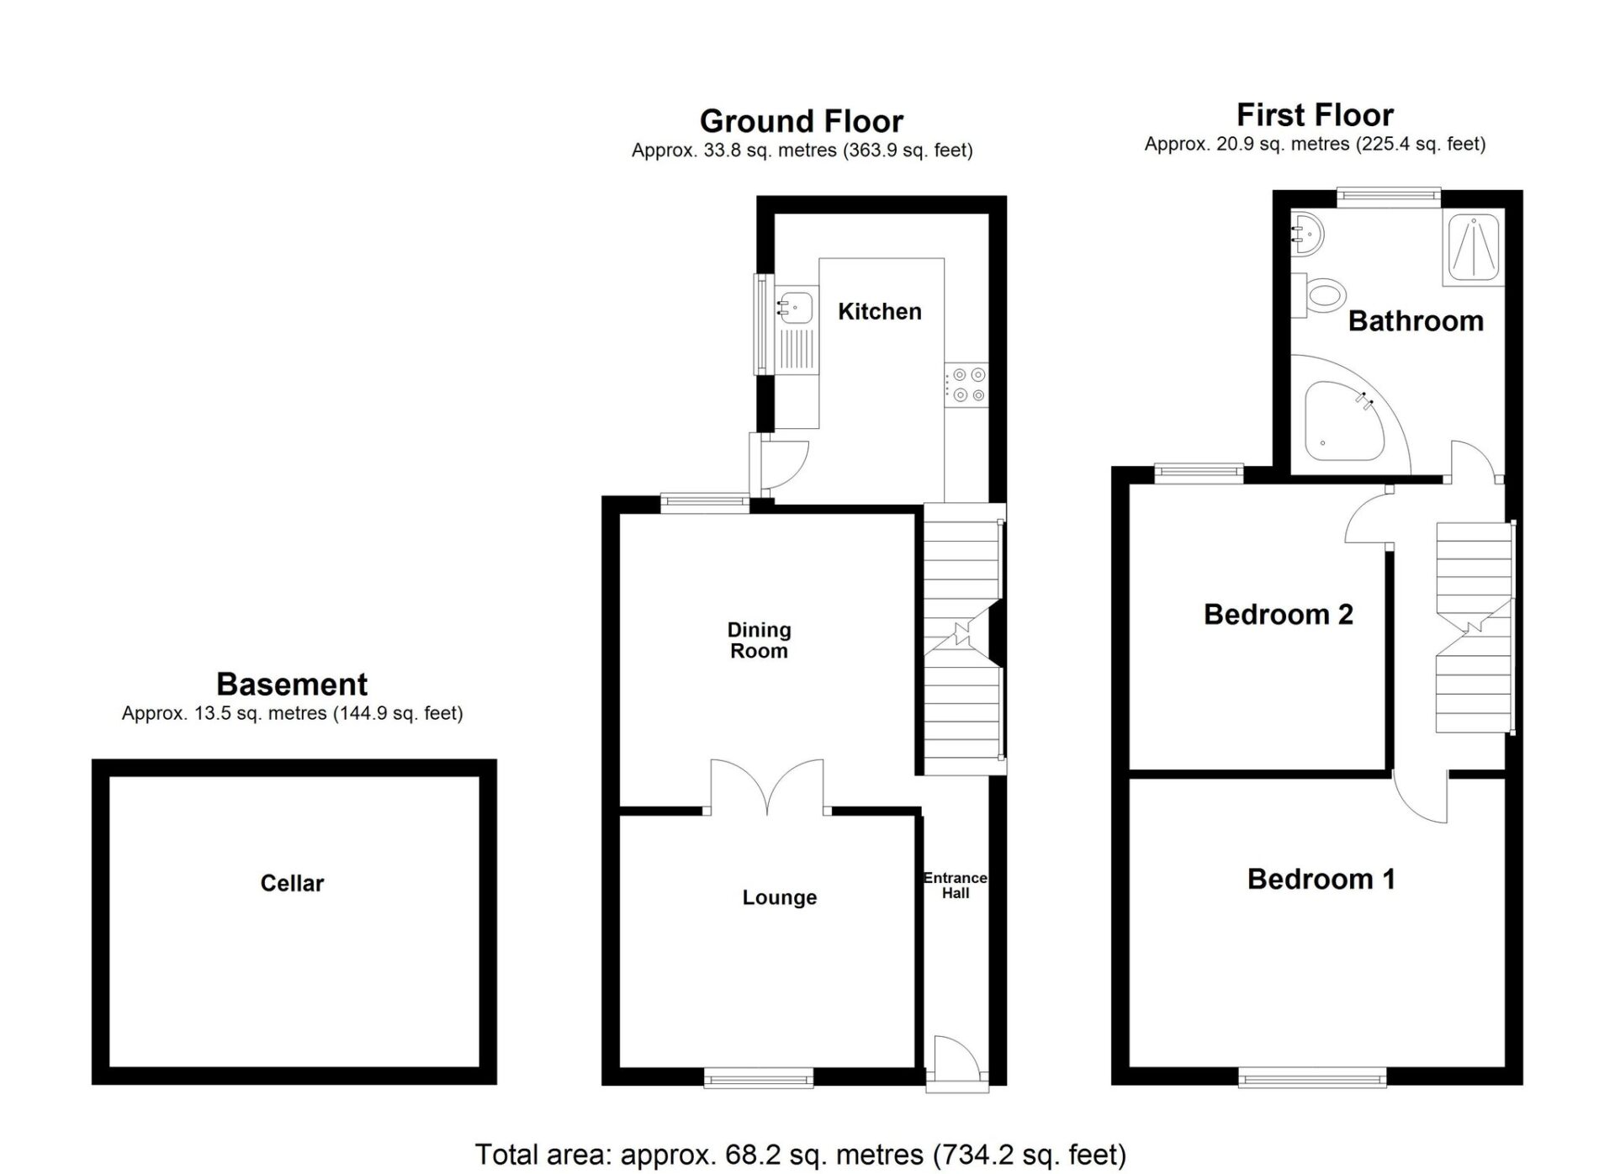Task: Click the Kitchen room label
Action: (x=880, y=311)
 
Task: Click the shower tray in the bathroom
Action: (x=1473, y=248)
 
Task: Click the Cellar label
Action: (x=292, y=883)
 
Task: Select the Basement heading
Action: (x=292, y=685)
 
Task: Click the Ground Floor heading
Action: (x=802, y=122)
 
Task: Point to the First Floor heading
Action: (x=1315, y=114)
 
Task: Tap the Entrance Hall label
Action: (x=956, y=886)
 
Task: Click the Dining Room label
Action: (x=759, y=640)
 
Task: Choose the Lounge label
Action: (x=780, y=897)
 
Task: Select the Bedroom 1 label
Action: (x=1321, y=879)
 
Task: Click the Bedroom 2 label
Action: (x=1279, y=615)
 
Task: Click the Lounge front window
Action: (x=759, y=1077)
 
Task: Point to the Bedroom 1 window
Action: (x=1312, y=1077)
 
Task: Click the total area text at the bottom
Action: (x=801, y=1154)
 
